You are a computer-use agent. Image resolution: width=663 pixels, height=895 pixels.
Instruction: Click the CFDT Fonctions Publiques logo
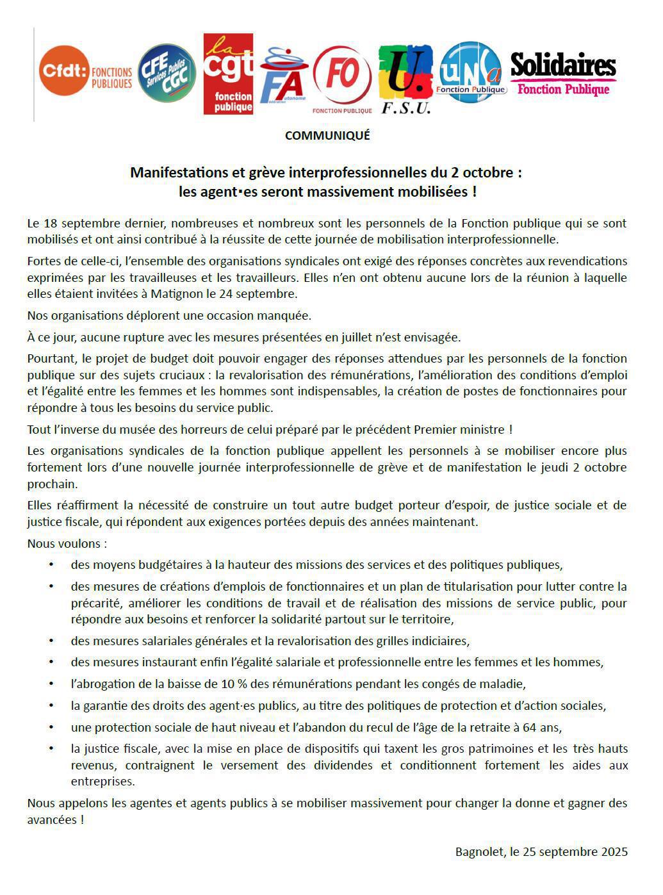click(x=85, y=72)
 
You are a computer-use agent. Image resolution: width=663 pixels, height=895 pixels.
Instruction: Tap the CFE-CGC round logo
click(x=167, y=73)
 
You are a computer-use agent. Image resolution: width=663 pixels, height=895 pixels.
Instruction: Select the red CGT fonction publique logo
click(x=229, y=74)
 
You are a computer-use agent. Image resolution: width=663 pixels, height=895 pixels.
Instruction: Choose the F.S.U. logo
click(x=405, y=78)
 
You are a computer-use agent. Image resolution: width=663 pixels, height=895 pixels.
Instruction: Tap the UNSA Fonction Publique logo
click(x=471, y=72)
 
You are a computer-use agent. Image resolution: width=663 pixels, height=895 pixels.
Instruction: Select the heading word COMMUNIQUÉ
click(x=327, y=136)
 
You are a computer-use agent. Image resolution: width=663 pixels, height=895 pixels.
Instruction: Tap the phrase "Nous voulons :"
click(x=67, y=544)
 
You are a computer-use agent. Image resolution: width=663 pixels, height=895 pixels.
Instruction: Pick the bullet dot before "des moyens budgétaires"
click(x=51, y=565)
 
